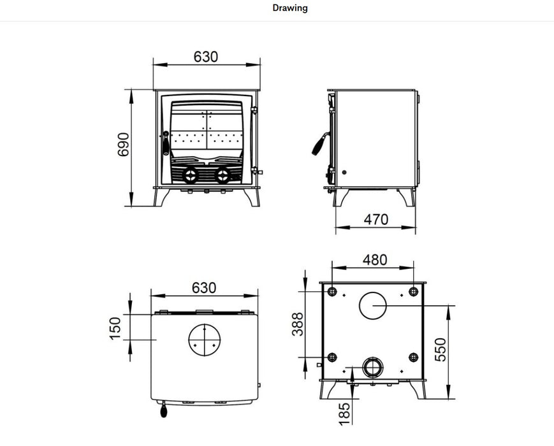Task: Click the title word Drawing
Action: point(290,8)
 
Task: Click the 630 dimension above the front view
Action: point(206,57)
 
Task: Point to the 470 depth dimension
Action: point(375,220)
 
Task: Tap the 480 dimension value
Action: point(374,260)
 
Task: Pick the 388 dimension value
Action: point(298,324)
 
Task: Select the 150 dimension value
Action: point(115,328)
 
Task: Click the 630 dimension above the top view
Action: point(204,287)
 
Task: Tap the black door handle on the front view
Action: point(166,143)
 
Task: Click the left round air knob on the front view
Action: point(190,175)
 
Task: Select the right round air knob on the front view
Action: point(222,175)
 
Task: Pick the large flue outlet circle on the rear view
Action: point(374,305)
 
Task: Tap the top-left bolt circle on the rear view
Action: point(332,291)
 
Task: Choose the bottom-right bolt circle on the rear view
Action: point(413,357)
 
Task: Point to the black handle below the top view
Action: point(164,411)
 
